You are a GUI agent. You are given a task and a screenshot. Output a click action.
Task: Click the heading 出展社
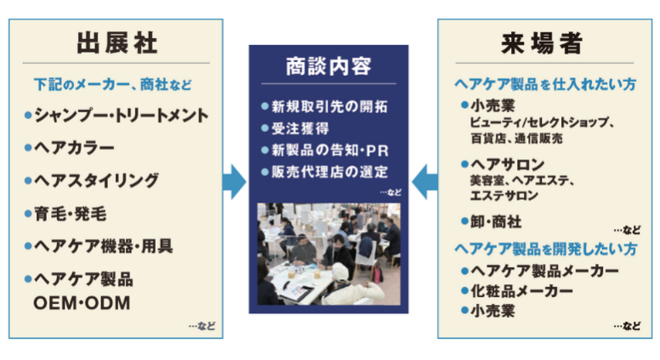117,43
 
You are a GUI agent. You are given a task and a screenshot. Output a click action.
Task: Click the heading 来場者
542,43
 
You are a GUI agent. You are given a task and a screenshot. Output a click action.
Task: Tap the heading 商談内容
329,66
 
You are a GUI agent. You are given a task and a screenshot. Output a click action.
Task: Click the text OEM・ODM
82,303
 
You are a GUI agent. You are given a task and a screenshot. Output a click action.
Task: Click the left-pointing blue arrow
424,182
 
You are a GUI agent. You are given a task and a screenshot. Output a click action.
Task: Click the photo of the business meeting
329,254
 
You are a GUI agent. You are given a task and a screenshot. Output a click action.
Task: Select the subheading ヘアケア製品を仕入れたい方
545,84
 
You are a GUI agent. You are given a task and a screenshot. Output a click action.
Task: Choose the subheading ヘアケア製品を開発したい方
545,249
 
